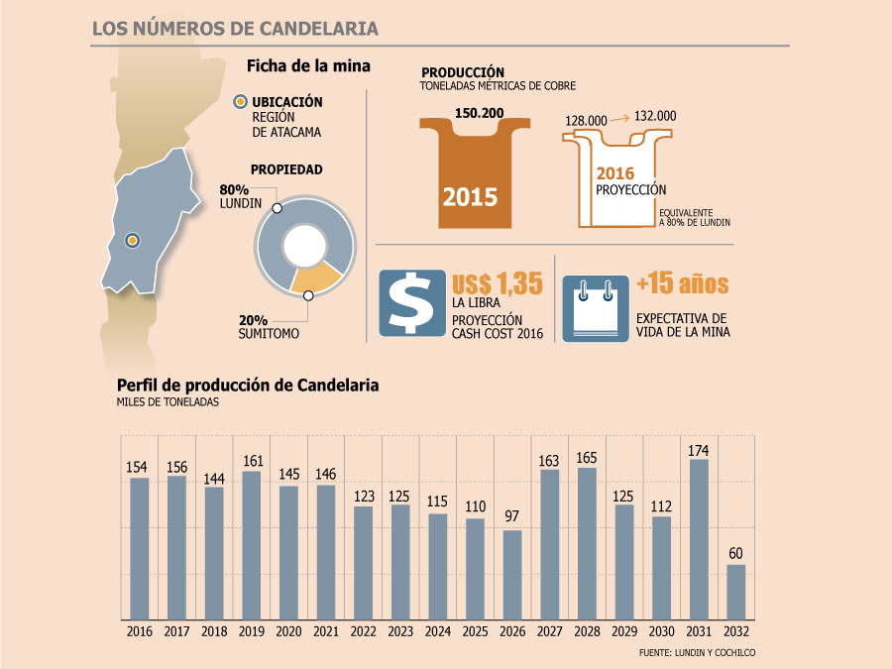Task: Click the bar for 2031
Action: pos(699,539)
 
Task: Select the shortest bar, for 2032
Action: pos(736,593)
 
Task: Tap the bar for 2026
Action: pos(512,575)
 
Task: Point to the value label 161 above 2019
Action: pos(253,461)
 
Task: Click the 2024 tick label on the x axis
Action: pos(437,631)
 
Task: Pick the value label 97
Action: pos(512,516)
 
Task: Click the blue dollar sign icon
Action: pos(412,303)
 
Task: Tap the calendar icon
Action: pos(596,309)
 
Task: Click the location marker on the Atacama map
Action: pos(133,241)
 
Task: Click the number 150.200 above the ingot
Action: pos(479,113)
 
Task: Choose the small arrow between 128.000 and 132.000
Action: pos(620,118)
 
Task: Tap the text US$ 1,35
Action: pos(498,283)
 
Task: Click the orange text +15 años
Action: pos(682,283)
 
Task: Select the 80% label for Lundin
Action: pos(234,189)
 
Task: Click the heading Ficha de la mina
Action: pos(308,66)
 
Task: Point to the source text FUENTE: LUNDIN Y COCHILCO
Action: pos(697,652)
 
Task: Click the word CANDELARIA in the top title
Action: pos(318,29)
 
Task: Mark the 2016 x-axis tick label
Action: pos(140,631)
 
